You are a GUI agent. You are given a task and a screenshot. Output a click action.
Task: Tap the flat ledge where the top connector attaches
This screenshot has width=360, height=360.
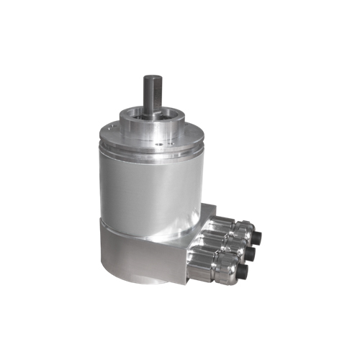click(209, 213)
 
